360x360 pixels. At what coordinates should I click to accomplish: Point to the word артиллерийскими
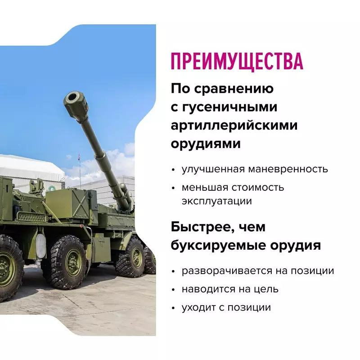[x=234, y=126]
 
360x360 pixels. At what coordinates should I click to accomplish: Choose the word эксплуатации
[x=216, y=201]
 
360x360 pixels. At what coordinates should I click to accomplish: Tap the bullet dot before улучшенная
[x=174, y=170]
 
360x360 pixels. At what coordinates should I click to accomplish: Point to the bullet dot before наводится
[x=174, y=290]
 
